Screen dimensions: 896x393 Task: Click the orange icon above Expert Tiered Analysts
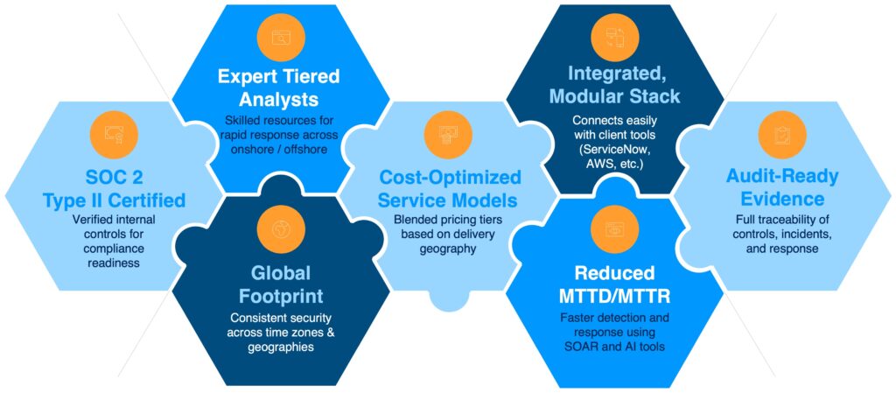click(281, 37)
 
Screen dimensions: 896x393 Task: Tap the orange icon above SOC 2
click(114, 135)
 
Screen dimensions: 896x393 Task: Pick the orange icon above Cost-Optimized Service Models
click(448, 135)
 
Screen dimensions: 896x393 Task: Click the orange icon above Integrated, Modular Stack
click(615, 37)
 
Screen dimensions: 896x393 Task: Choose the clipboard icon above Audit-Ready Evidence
click(782, 135)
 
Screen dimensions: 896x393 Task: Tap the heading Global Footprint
click(281, 284)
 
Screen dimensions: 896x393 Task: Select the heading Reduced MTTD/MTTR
click(615, 284)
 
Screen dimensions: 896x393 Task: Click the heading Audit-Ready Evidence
click(782, 186)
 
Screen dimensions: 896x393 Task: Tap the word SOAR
click(594, 346)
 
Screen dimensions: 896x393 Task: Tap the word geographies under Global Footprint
click(281, 347)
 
